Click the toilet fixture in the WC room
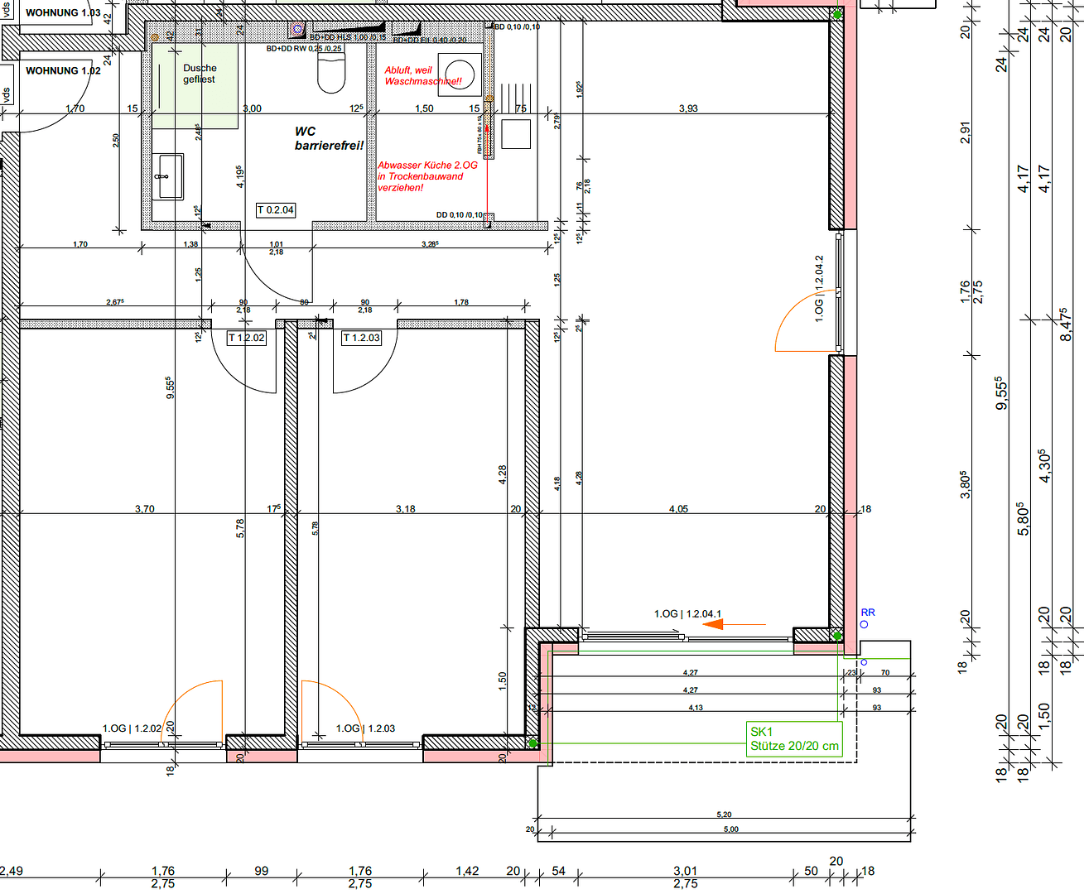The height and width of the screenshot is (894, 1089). [x=331, y=74]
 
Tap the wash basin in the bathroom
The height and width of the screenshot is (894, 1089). [x=170, y=176]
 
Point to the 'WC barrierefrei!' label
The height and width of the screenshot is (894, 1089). [x=328, y=138]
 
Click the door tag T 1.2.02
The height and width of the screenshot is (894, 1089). [x=247, y=338]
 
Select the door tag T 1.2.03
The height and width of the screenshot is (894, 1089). [x=361, y=338]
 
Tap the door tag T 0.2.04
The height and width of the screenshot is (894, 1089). [x=276, y=210]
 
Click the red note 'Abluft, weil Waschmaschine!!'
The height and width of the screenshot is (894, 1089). [x=422, y=76]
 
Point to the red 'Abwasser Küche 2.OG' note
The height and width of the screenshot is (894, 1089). [x=426, y=176]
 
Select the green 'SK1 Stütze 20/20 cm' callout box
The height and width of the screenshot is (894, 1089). [x=794, y=738]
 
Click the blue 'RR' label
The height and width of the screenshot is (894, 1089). [x=867, y=613]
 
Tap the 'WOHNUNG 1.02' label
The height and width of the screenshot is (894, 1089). [x=63, y=71]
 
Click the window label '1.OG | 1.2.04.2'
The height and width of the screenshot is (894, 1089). [x=819, y=288]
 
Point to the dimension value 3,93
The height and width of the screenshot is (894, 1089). [x=688, y=108]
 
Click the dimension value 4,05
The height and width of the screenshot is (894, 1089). [x=678, y=509]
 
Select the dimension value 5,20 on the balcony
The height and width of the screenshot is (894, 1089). [x=724, y=815]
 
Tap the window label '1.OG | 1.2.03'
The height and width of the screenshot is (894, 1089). [x=365, y=728]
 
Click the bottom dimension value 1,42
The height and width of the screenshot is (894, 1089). [x=467, y=871]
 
